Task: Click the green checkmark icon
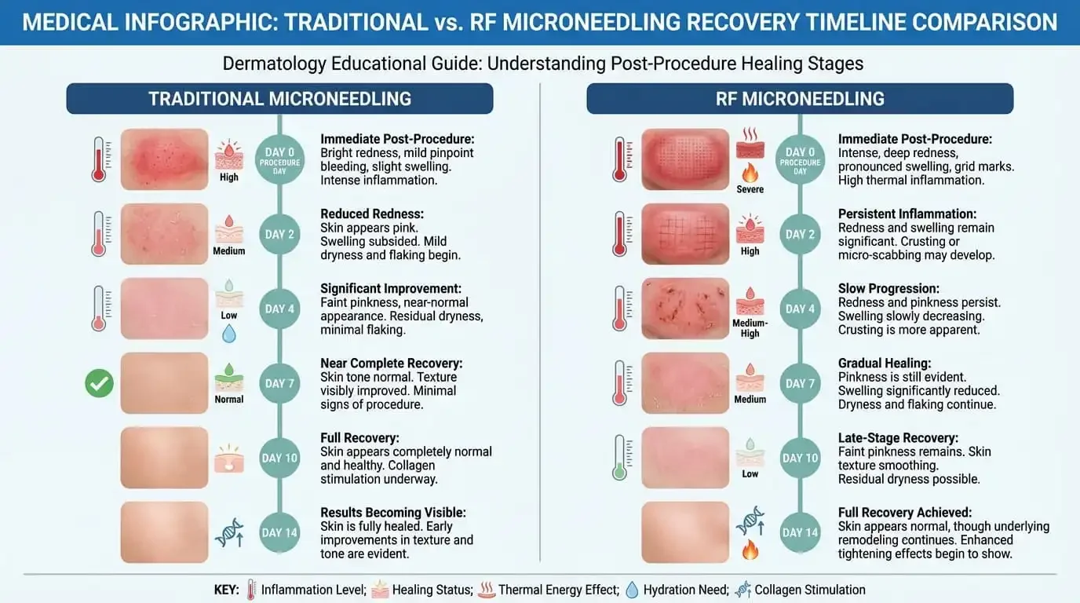pyautogui.click(x=99, y=383)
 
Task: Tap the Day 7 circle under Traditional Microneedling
pyautogui.click(x=279, y=383)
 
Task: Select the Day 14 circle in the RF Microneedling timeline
pyautogui.click(x=800, y=532)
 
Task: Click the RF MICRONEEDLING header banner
pyautogui.click(x=799, y=99)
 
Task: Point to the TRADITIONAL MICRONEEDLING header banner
pyautogui.click(x=279, y=99)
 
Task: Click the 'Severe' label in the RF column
pyautogui.click(x=750, y=189)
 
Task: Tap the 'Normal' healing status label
pyautogui.click(x=228, y=399)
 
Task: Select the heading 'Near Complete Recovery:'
pyautogui.click(x=391, y=364)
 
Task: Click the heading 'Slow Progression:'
pyautogui.click(x=888, y=289)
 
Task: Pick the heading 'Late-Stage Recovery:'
pyautogui.click(x=898, y=438)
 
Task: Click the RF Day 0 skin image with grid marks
pyautogui.click(x=685, y=159)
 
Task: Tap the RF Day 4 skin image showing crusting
pyautogui.click(x=685, y=309)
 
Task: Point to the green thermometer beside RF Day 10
pyautogui.click(x=619, y=457)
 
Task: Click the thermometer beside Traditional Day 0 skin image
pyautogui.click(x=99, y=159)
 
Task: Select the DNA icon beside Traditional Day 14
pyautogui.click(x=228, y=532)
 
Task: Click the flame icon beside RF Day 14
pyautogui.click(x=750, y=550)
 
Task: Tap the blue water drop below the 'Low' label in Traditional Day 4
pyautogui.click(x=228, y=334)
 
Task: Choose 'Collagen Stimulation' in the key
pyautogui.click(x=809, y=590)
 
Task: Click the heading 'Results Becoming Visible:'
pyautogui.click(x=392, y=513)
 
